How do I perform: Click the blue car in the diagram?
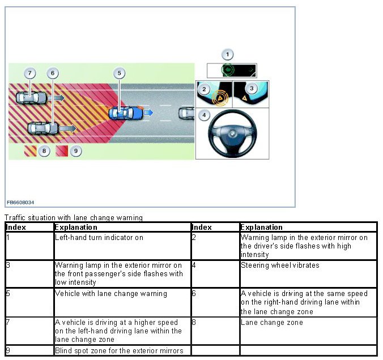point(125,113)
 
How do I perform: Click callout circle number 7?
point(30,74)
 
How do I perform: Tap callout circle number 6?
point(53,74)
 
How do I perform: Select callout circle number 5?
point(118,73)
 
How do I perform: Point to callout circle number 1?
point(227,55)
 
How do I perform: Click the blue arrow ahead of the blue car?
point(148,113)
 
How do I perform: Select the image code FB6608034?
point(20,202)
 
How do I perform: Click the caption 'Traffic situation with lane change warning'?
point(73,217)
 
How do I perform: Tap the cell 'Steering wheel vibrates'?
point(280,265)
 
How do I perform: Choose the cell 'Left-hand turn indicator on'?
point(99,238)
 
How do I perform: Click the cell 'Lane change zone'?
point(272,323)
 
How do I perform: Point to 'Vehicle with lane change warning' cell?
point(110,294)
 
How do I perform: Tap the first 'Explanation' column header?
point(76,228)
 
